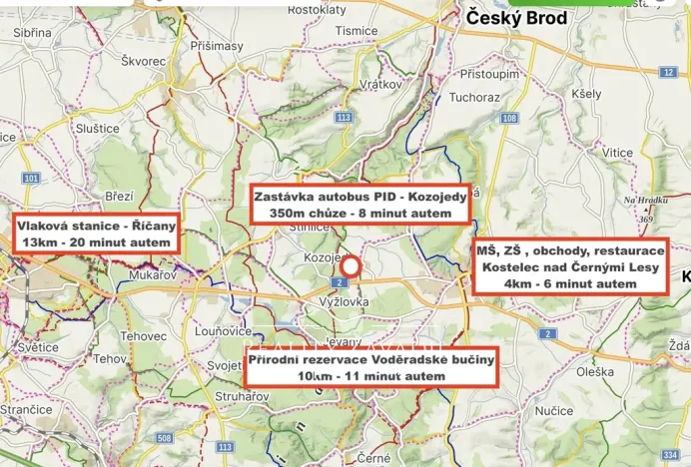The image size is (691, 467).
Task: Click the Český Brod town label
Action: (516, 18)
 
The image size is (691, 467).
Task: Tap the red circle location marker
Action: (349, 265)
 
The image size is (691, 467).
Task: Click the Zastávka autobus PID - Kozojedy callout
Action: (360, 205)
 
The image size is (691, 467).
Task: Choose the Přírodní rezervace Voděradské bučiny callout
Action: (370, 366)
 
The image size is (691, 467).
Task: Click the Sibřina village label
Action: (32, 32)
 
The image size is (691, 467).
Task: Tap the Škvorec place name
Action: (143, 61)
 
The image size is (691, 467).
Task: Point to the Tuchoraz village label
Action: (473, 98)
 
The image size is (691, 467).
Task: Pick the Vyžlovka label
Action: (345, 300)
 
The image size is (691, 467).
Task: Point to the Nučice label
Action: (554, 410)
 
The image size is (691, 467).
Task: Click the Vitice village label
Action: (617, 153)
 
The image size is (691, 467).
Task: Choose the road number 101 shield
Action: (31, 179)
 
